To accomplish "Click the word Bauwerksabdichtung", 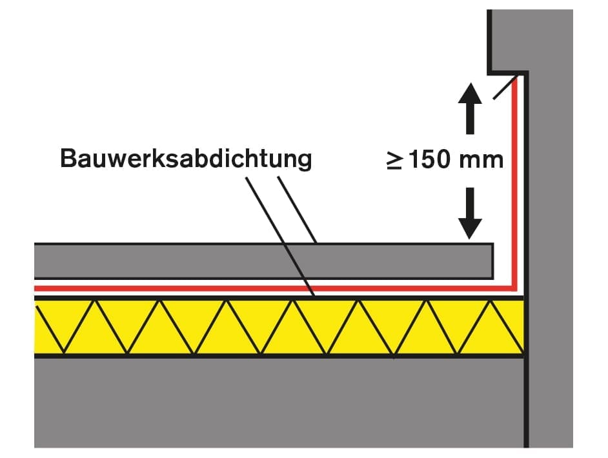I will click(185, 158).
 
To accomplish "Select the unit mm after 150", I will click(481, 160).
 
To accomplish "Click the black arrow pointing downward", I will click(469, 213).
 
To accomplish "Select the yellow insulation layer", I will click(278, 327).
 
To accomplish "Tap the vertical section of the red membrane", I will click(514, 181).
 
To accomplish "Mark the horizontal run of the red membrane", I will click(258, 288).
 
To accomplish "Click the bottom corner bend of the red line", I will click(514, 287).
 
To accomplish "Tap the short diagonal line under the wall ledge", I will click(505, 88).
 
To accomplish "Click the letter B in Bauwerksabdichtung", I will click(68, 158).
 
